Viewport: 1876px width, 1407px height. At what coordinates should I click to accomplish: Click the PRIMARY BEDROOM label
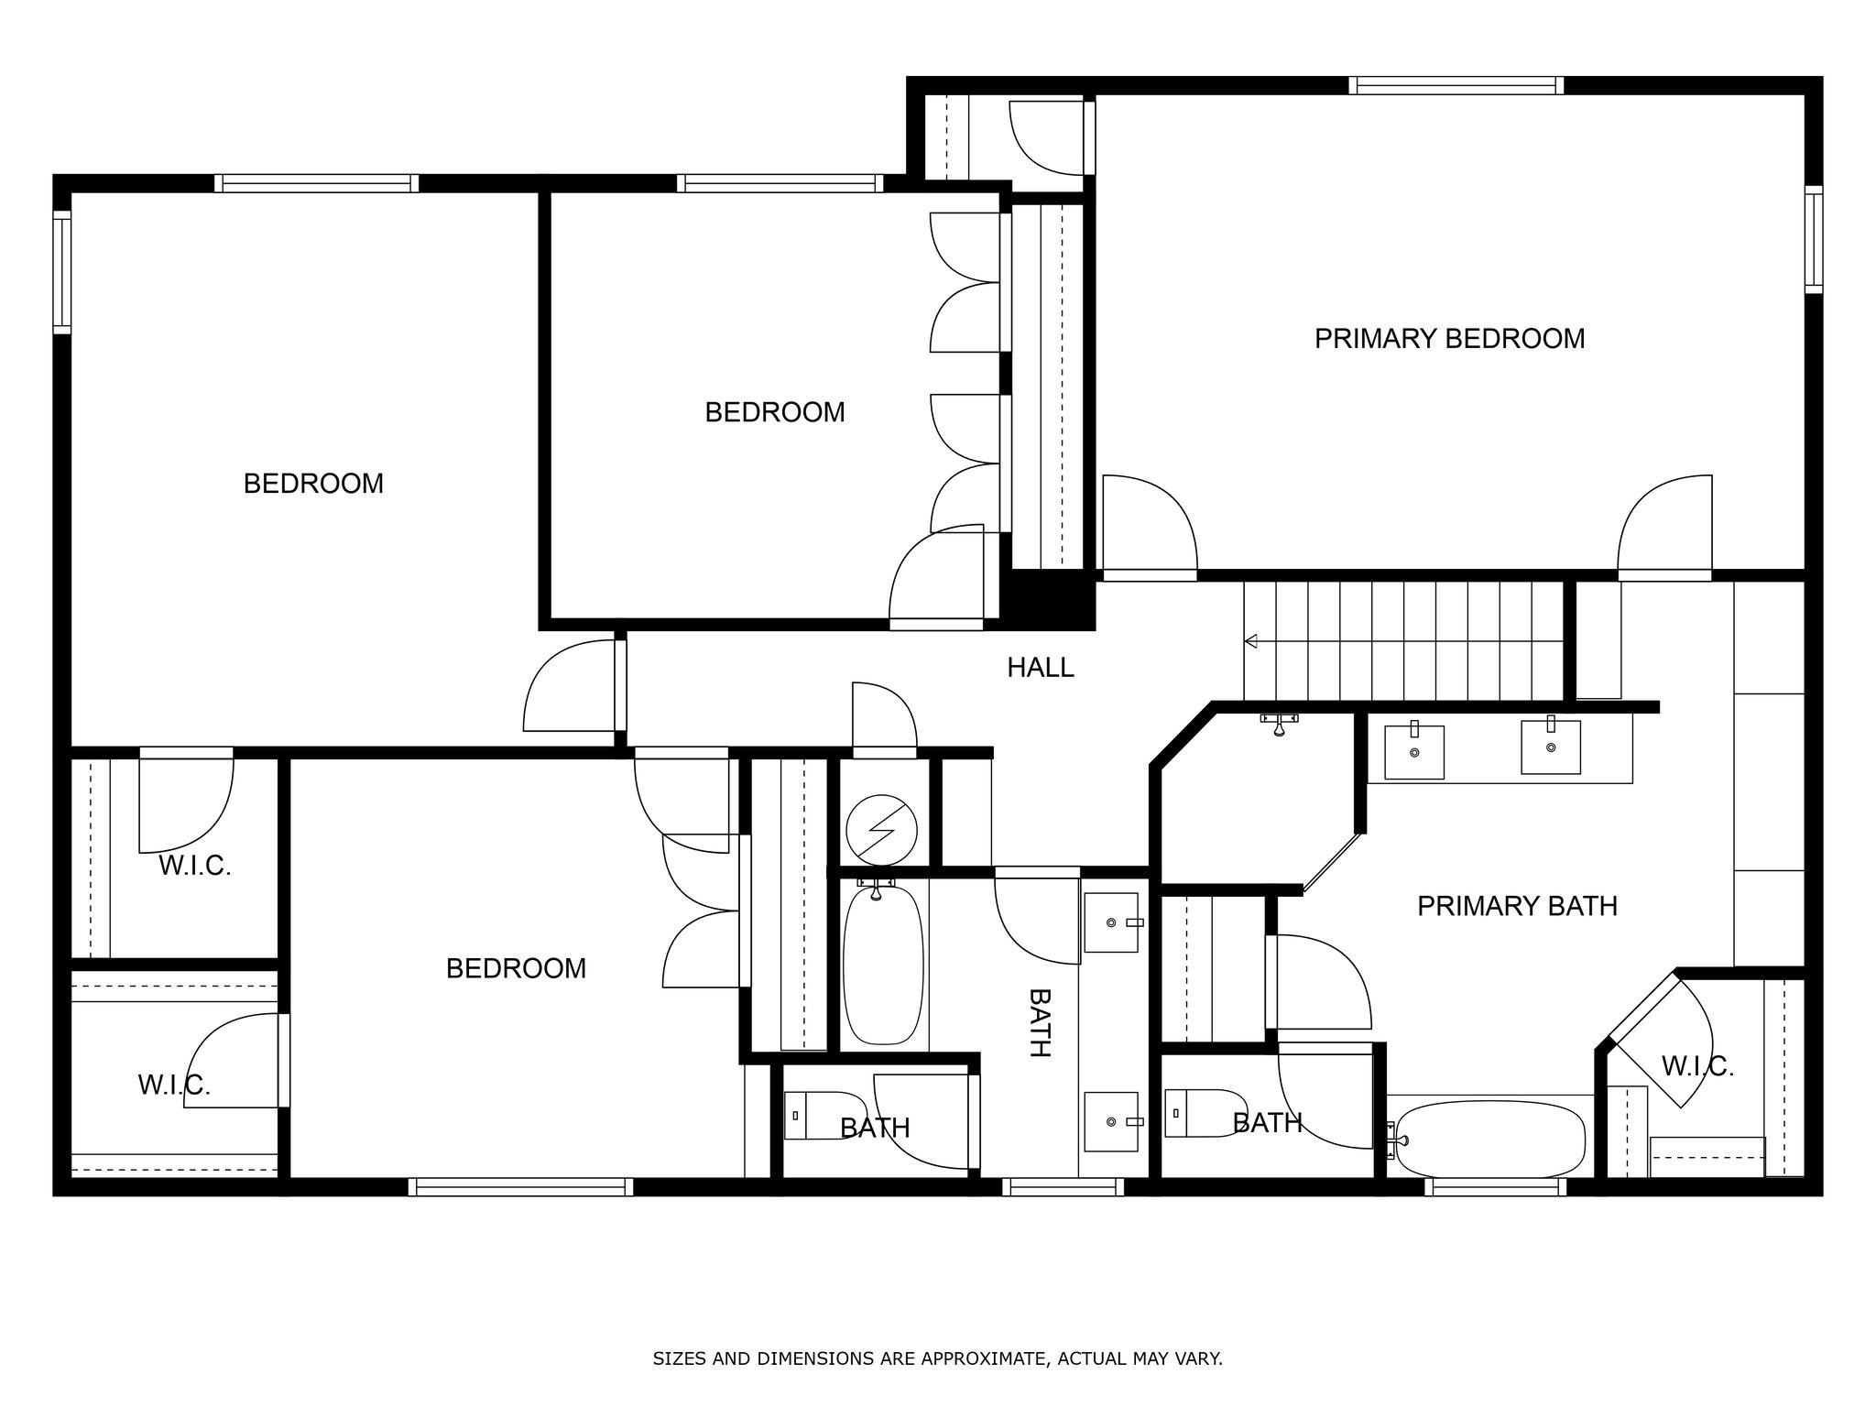[x=1449, y=339]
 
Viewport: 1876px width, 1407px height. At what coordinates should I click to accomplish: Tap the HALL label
[x=1040, y=668]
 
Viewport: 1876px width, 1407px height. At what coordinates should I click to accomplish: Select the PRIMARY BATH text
[x=1517, y=906]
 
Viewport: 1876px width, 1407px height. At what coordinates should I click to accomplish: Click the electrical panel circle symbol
[x=881, y=830]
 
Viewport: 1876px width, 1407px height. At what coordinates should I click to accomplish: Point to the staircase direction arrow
[x=1251, y=641]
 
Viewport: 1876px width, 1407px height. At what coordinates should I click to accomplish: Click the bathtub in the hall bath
[x=882, y=964]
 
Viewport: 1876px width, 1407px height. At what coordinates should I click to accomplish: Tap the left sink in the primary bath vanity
[x=1413, y=752]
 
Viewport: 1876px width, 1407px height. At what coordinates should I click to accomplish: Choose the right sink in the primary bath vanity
[x=1550, y=747]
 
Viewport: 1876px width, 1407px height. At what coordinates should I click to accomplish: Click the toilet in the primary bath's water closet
[x=1201, y=1113]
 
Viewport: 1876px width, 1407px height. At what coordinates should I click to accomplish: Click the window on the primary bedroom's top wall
[x=1455, y=86]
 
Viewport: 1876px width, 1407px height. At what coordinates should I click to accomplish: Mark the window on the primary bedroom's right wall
[x=1813, y=239]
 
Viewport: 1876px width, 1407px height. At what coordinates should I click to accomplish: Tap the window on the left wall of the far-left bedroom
[x=61, y=271]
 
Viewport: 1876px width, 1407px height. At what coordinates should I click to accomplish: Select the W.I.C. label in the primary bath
[x=1697, y=1066]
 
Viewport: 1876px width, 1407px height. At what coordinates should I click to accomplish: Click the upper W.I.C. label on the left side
[x=194, y=866]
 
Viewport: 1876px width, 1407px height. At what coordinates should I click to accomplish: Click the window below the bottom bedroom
[x=520, y=1187]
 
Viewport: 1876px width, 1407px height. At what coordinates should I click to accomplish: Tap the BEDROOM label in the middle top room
[x=774, y=412]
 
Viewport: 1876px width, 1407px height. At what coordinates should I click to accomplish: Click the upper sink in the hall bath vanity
[x=1112, y=922]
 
